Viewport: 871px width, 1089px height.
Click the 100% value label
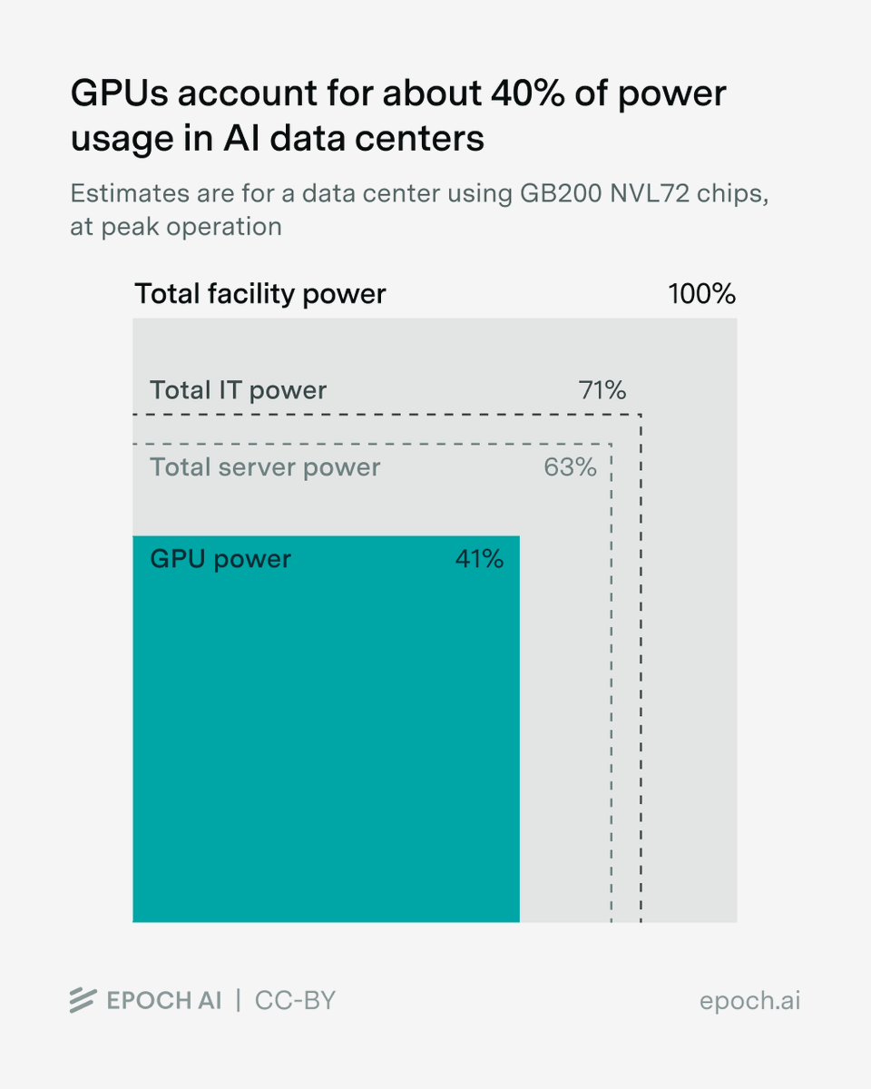click(701, 294)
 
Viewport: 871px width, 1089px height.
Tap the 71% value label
click(602, 390)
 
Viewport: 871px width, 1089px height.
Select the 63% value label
click(570, 467)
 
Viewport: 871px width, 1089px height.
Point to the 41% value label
click(479, 559)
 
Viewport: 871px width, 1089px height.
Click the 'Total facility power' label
click(260, 294)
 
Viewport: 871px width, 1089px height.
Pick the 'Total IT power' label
click(238, 390)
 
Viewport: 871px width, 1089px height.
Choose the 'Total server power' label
click(265, 467)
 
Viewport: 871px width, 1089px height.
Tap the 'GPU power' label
click(220, 560)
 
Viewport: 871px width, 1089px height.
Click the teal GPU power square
click(326, 729)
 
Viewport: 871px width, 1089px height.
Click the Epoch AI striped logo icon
click(83, 1000)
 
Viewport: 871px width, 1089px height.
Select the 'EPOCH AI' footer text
click(164, 1001)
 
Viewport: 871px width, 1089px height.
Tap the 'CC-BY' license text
click(295, 1001)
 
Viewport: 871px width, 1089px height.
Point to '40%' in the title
click(527, 93)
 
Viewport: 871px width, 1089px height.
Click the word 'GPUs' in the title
click(120, 93)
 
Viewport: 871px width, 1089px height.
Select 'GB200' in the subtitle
click(561, 194)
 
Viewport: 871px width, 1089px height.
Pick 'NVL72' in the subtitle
click(650, 194)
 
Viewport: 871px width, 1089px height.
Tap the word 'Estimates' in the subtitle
click(130, 194)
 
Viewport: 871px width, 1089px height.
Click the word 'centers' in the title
click(419, 139)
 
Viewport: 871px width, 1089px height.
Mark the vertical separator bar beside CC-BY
click(239, 1000)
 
